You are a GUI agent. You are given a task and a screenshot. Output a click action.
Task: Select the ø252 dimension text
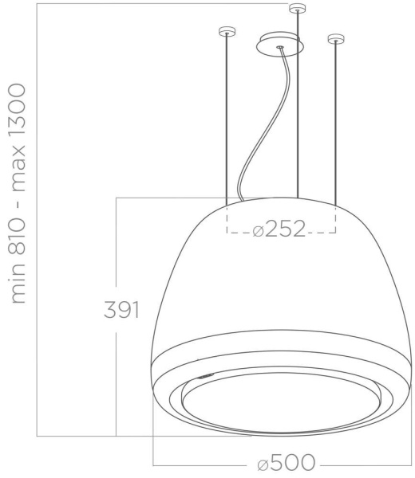[279, 231]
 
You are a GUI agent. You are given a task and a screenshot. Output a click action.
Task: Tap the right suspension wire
[336, 119]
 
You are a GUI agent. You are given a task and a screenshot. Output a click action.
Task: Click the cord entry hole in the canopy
[280, 48]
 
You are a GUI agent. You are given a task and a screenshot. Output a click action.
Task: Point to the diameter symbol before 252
[257, 231]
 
